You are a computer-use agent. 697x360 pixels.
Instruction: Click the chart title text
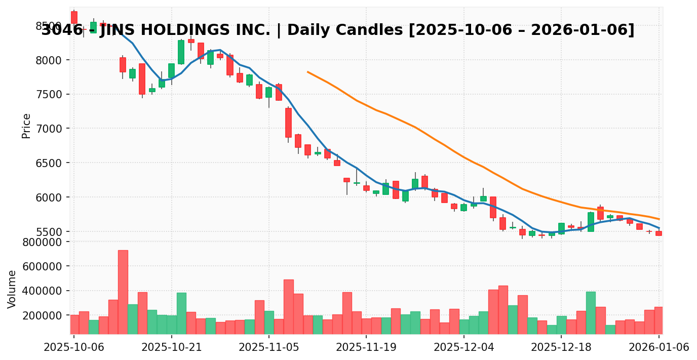point(337,30)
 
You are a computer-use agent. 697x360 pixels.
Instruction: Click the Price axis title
point(26,126)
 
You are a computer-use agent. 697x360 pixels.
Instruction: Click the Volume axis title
point(12,289)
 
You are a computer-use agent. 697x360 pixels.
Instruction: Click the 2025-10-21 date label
point(171,347)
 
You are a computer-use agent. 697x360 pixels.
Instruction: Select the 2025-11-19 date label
point(366,347)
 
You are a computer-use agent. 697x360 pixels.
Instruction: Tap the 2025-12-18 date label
point(561,347)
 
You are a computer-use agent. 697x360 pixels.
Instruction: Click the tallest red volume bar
point(123,292)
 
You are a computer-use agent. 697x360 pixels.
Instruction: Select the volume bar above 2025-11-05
point(268,323)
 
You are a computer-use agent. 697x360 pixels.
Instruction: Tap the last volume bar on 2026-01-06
point(659,321)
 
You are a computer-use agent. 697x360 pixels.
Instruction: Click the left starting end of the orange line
point(307,72)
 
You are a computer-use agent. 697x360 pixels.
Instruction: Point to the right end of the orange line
point(659,219)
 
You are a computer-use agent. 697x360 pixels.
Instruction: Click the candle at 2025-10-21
point(171,70)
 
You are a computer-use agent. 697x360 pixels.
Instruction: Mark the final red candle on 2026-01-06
point(659,233)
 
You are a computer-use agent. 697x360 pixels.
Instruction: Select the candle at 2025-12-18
point(561,228)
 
